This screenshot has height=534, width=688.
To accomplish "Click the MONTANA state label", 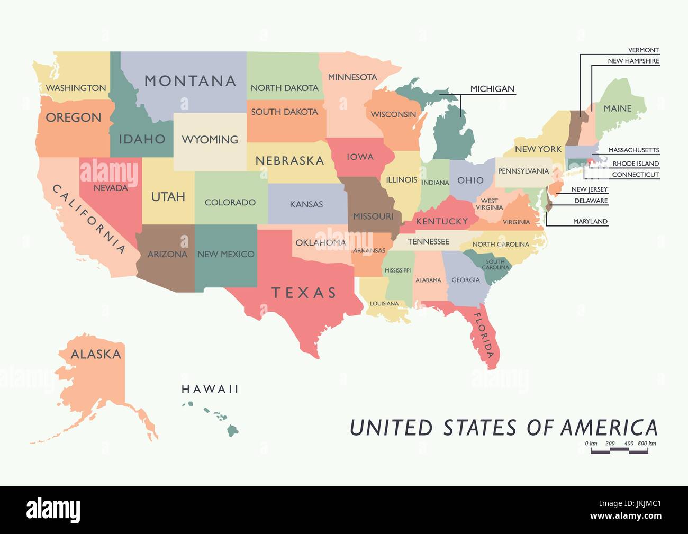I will click(x=190, y=81).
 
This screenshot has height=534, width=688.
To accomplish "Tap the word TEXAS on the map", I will click(x=304, y=293).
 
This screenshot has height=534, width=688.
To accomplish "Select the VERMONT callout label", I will click(x=643, y=50).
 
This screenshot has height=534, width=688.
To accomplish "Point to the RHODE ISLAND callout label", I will click(x=636, y=164).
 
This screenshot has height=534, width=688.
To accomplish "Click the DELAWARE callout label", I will click(x=591, y=201).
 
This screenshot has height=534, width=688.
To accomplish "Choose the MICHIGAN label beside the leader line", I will click(x=492, y=89).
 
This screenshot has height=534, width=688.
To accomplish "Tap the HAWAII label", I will click(x=210, y=390).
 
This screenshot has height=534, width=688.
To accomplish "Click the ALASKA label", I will click(x=96, y=354).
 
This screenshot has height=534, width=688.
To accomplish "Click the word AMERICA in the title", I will click(x=609, y=428).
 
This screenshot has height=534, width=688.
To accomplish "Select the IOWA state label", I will click(x=360, y=157).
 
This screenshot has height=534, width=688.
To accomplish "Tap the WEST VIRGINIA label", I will click(x=489, y=204).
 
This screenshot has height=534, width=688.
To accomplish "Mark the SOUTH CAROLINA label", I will click(x=495, y=264).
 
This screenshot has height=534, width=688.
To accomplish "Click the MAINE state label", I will click(x=618, y=108).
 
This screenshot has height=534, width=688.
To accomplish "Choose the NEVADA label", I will click(x=111, y=188).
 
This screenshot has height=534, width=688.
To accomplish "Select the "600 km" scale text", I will click(x=647, y=444).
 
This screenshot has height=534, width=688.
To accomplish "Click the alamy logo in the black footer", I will click(x=53, y=510).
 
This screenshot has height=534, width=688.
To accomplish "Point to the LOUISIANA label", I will click(x=384, y=304).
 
